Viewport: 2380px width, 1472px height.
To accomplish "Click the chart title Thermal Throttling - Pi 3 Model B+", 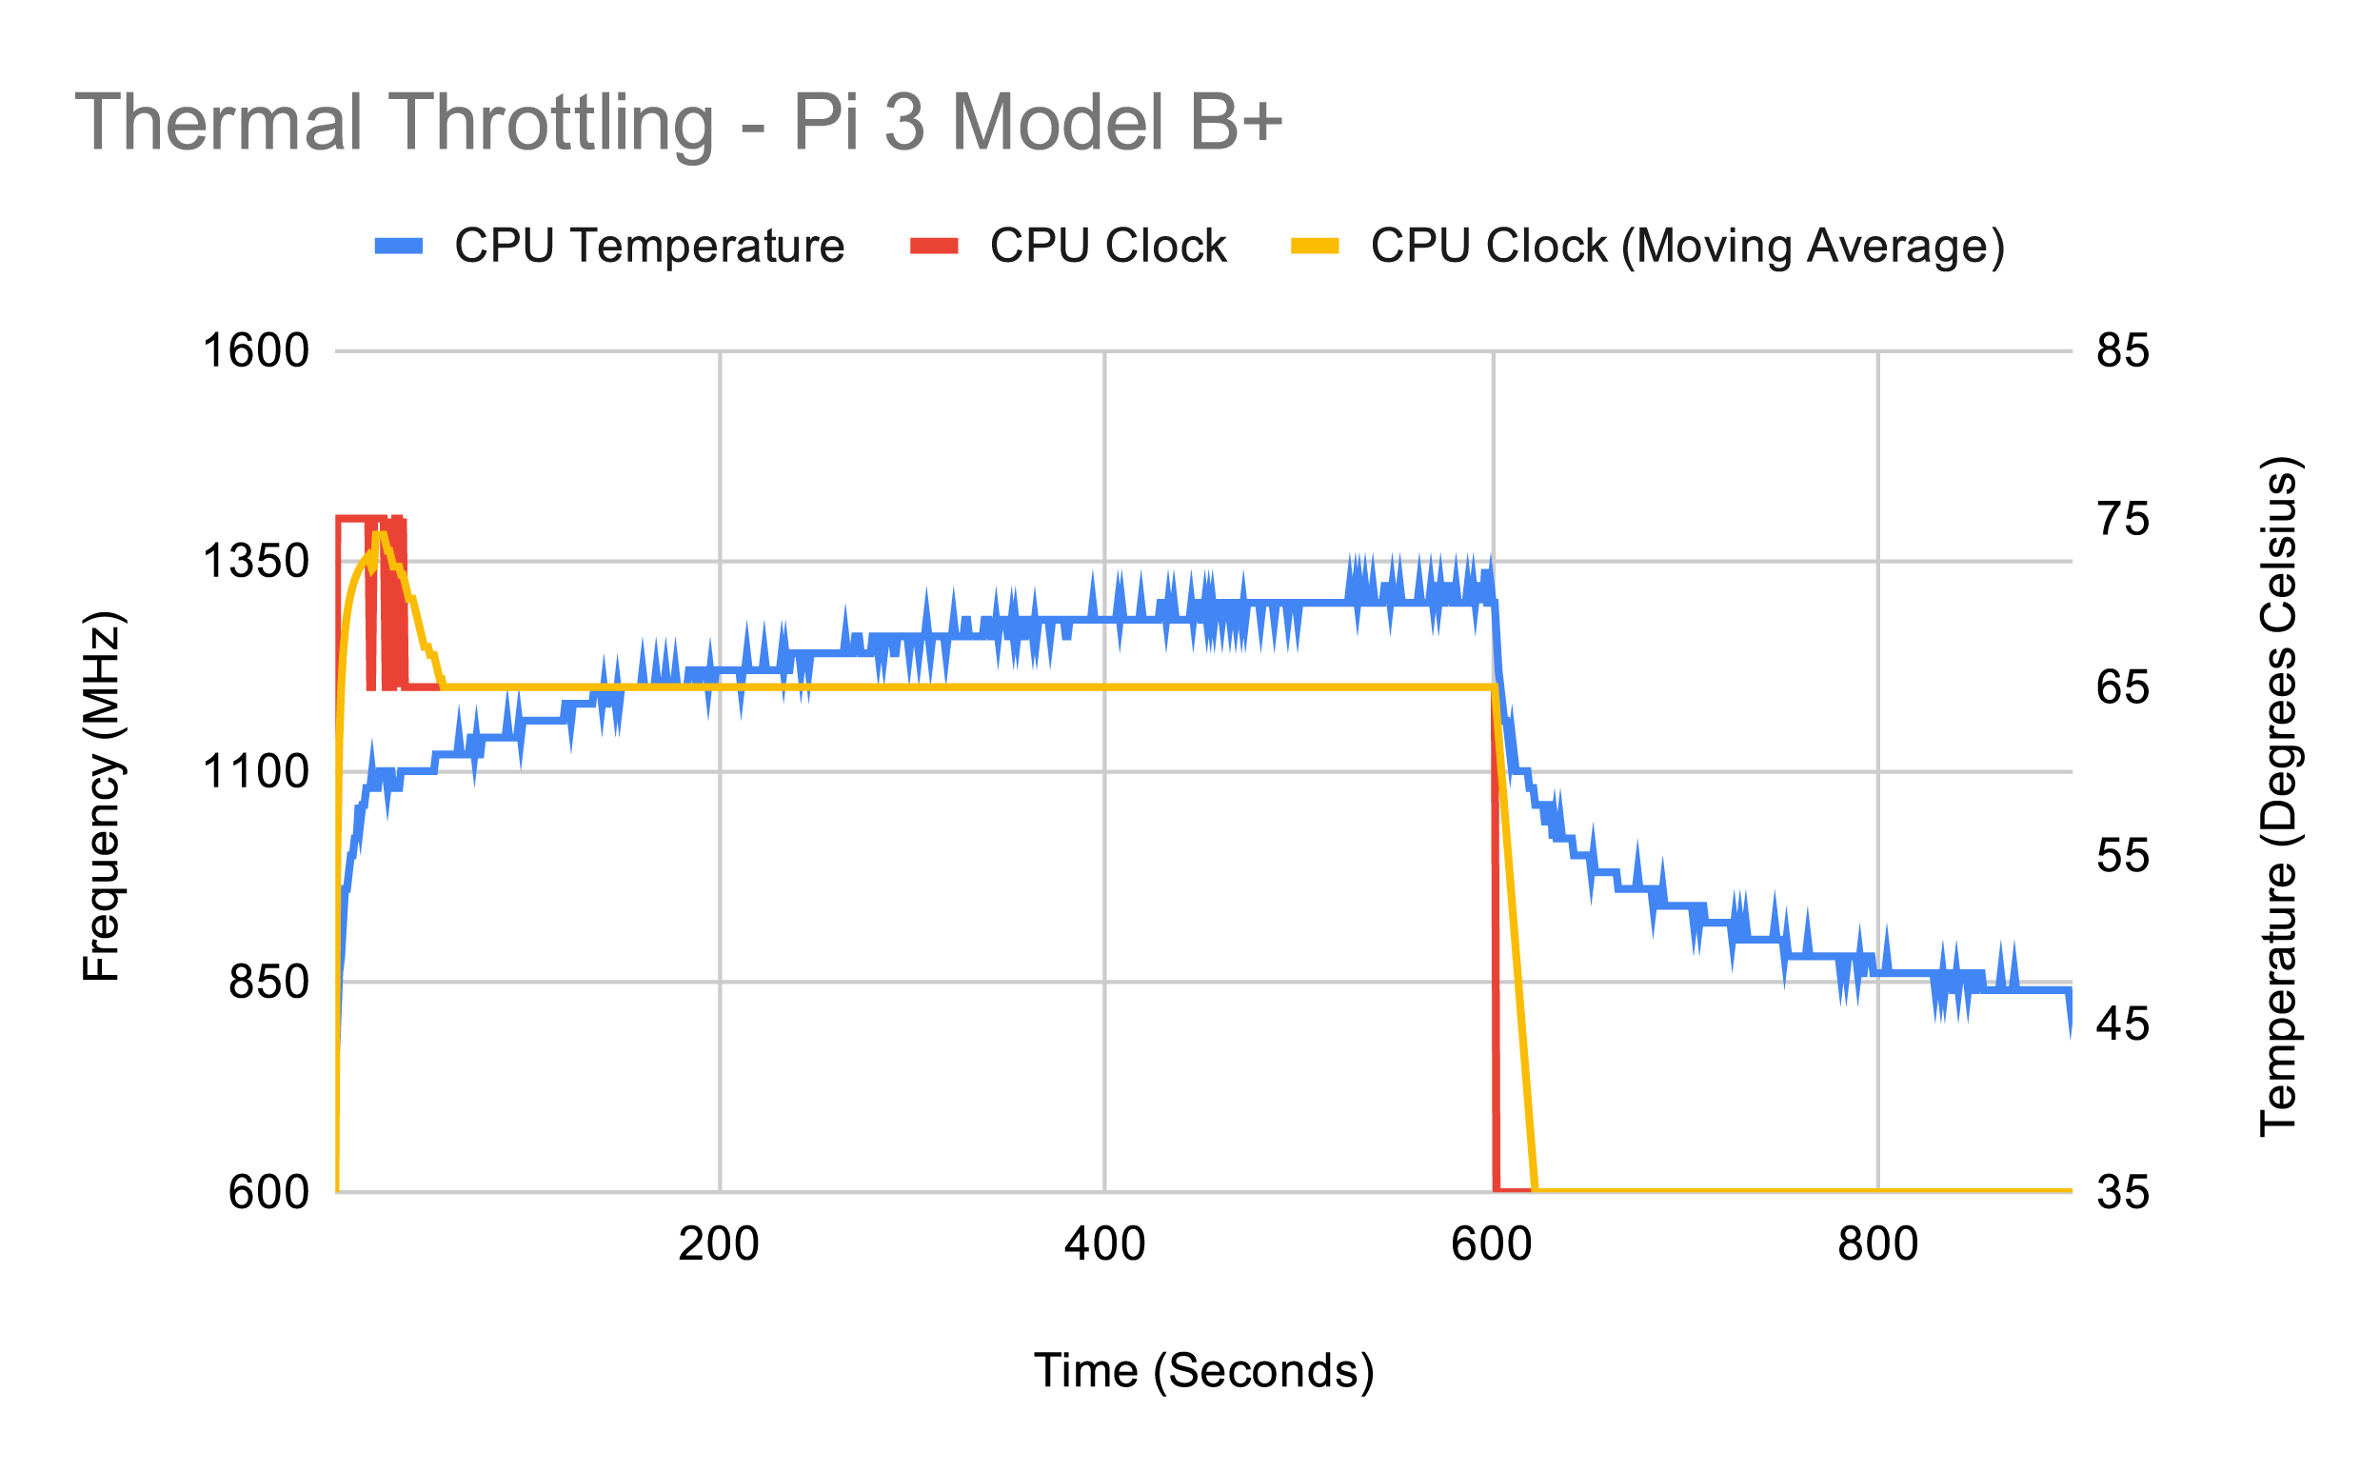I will click(x=678, y=123).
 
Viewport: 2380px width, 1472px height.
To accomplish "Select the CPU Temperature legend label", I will click(x=649, y=246).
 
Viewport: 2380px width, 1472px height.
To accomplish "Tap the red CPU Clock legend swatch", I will click(x=934, y=246).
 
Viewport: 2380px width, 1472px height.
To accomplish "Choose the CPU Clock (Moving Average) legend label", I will click(x=1687, y=246).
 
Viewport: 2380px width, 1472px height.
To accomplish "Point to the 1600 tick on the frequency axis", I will click(x=255, y=350).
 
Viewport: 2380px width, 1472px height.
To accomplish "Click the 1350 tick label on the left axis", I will click(x=255, y=562).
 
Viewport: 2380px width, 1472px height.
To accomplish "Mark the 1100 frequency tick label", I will click(x=255, y=772).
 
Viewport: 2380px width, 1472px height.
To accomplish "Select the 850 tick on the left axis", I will click(x=268, y=983).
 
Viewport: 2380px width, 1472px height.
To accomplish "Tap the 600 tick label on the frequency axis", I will click(x=268, y=1192).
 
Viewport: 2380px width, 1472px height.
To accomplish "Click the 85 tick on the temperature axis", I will click(x=2123, y=350).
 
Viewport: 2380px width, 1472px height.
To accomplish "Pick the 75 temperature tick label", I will click(x=2123, y=519).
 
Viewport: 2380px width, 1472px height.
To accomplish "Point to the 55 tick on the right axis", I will click(x=2123, y=856).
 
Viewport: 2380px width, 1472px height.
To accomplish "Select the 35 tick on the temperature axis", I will click(x=2123, y=1192).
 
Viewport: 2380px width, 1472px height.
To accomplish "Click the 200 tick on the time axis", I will click(x=719, y=1244).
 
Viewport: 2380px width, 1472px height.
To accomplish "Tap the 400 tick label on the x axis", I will click(x=1104, y=1244).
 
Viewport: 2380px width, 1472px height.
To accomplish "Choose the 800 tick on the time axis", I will click(x=1877, y=1244).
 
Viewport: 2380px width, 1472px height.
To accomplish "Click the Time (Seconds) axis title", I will click(x=1203, y=1371).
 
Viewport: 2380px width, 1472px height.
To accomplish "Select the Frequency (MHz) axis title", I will click(x=101, y=796).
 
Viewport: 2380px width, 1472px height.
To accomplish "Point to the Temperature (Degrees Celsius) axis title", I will click(x=2278, y=796).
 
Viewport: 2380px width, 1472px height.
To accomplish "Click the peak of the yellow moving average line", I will click(x=380, y=533).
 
